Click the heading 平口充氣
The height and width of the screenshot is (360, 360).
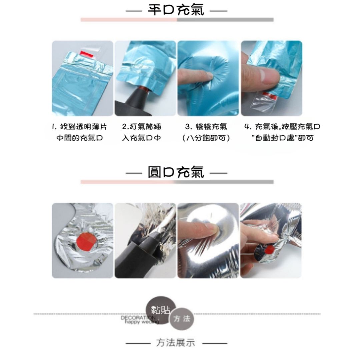[176, 10]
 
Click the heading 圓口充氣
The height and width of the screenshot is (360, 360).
[176, 172]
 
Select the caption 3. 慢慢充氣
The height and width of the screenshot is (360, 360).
[206, 127]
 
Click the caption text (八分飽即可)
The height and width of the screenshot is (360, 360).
[206, 138]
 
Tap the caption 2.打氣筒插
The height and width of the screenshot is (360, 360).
[142, 127]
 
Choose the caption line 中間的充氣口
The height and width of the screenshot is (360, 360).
[79, 138]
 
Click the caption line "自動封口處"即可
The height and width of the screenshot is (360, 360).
[282, 138]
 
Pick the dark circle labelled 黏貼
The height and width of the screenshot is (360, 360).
[161, 310]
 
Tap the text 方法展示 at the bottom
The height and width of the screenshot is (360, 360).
[176, 343]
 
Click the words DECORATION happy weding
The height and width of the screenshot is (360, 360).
[140, 320]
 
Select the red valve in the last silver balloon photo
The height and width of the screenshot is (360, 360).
[270, 249]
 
